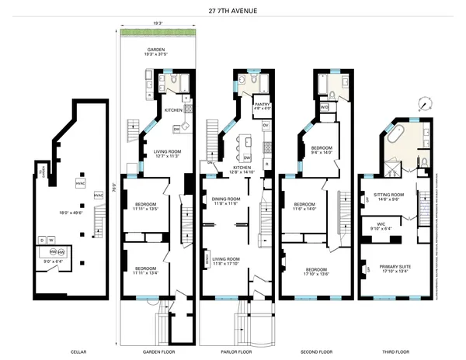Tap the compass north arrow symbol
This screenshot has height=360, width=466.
(425, 102)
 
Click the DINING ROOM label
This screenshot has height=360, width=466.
(231, 200)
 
